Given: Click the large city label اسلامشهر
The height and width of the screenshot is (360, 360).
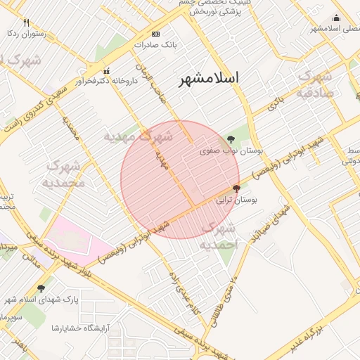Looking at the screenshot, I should (208, 77).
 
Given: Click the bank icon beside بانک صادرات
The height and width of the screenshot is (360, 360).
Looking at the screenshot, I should (155, 34).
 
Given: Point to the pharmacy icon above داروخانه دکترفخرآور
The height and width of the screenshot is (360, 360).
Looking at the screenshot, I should (107, 71).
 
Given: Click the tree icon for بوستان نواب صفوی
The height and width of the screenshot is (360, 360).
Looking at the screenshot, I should (231, 139).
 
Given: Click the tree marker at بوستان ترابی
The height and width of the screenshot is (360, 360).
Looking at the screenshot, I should (236, 188).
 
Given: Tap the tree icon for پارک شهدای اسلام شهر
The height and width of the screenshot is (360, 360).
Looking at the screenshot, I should (41, 288).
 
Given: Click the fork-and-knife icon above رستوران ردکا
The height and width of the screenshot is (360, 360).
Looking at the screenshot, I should (27, 22).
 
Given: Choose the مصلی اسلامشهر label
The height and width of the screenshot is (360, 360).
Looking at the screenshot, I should (335, 29).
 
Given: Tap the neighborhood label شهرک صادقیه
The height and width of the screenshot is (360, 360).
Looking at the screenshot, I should (314, 84).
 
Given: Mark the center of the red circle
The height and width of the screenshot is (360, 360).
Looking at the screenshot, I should (180, 179).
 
